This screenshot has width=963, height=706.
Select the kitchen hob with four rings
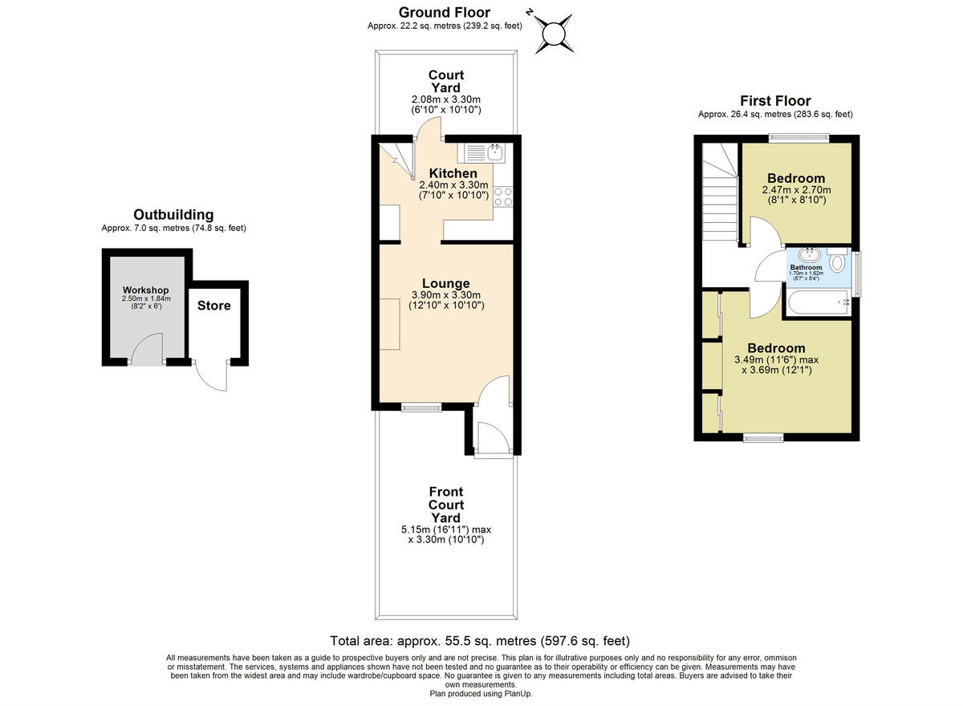point(503,197)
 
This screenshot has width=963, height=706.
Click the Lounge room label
point(445,283)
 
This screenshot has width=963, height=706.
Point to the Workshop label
point(145,290)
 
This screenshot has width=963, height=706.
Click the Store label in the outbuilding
point(214,306)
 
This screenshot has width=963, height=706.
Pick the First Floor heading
point(775,101)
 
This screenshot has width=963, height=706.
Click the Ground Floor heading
point(444,12)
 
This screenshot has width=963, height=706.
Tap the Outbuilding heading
point(173,214)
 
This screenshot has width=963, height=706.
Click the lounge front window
point(421,408)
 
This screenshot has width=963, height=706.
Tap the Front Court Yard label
point(446,505)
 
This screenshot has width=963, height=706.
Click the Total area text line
point(480,641)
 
